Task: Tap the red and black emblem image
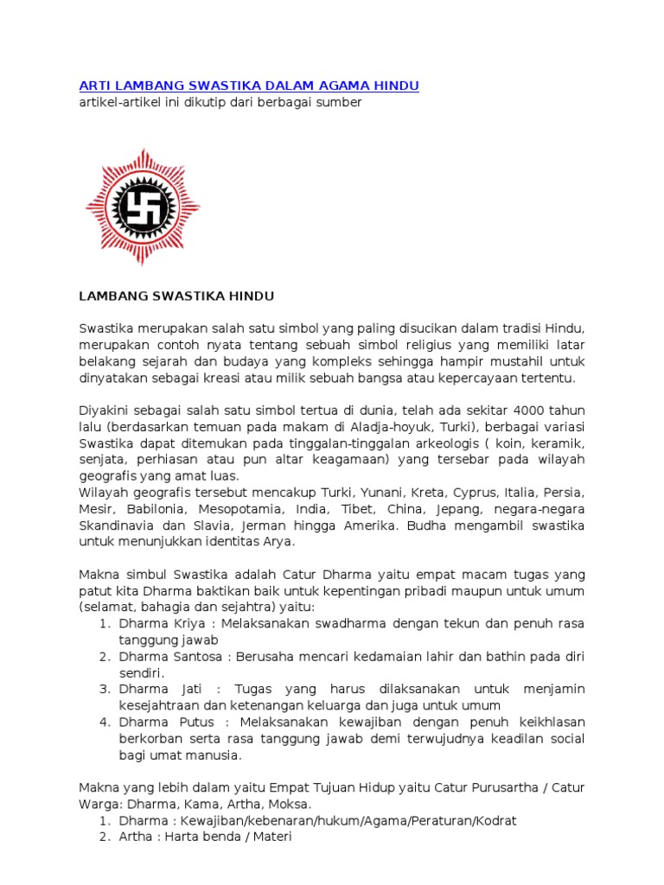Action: click(143, 207)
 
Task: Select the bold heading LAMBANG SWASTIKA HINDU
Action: click(176, 296)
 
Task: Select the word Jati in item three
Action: click(188, 690)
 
